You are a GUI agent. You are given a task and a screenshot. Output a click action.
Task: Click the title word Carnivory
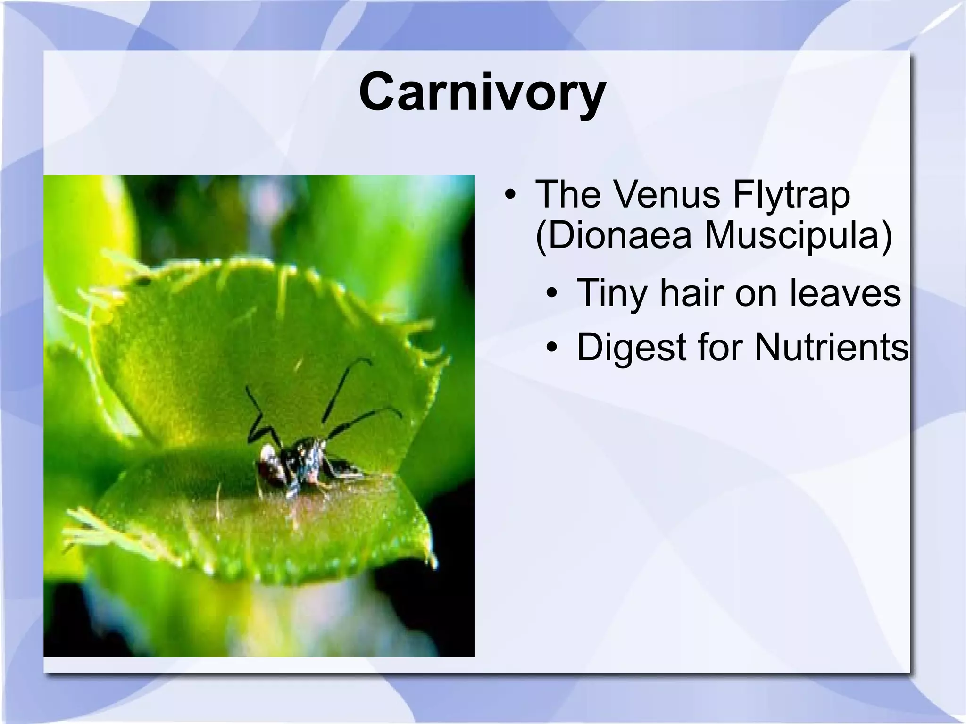[x=482, y=92]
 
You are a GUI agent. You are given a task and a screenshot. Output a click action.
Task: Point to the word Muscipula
[x=797, y=236]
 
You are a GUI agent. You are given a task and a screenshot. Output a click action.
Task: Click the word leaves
[x=845, y=293]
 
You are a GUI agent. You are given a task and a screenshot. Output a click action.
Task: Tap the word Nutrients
[x=831, y=347]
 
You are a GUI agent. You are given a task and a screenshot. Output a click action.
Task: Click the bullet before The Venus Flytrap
[x=509, y=195]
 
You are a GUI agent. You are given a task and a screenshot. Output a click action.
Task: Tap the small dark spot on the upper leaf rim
[x=143, y=282]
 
